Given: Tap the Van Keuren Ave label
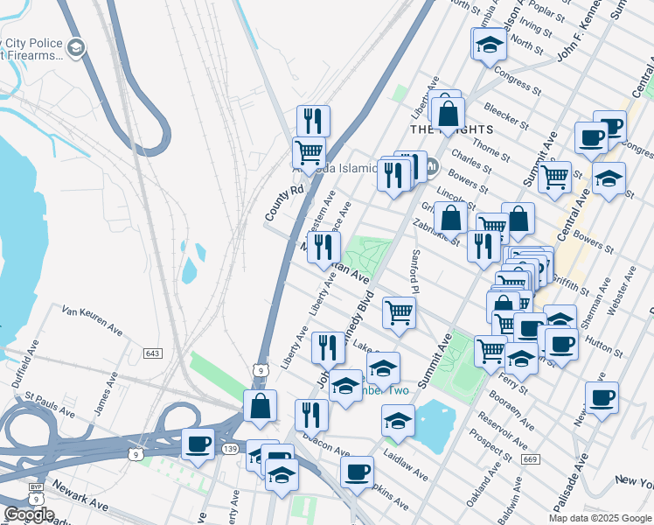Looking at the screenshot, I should click(x=91, y=319).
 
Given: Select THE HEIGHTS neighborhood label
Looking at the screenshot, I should click(x=452, y=129).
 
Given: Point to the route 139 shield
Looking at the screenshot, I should click(x=254, y=449).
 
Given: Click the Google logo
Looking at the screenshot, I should click(x=28, y=514).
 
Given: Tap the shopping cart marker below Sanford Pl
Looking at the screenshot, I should click(x=399, y=312).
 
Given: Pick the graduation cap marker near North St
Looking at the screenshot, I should click(x=490, y=44).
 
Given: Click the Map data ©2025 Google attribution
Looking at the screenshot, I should click(x=599, y=518).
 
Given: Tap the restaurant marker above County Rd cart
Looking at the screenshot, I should click(x=312, y=121).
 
